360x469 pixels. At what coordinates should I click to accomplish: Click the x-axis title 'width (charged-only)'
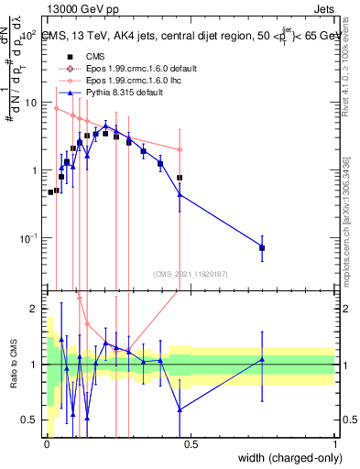coord(287,457)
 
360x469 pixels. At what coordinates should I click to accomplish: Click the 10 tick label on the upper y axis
coord(32,103)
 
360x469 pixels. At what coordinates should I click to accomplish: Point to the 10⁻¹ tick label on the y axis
coord(30,238)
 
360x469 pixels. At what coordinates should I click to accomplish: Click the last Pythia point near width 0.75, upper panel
coord(262,247)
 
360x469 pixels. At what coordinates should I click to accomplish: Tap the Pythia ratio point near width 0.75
coord(262,359)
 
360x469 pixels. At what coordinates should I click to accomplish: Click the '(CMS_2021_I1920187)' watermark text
coord(190,272)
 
